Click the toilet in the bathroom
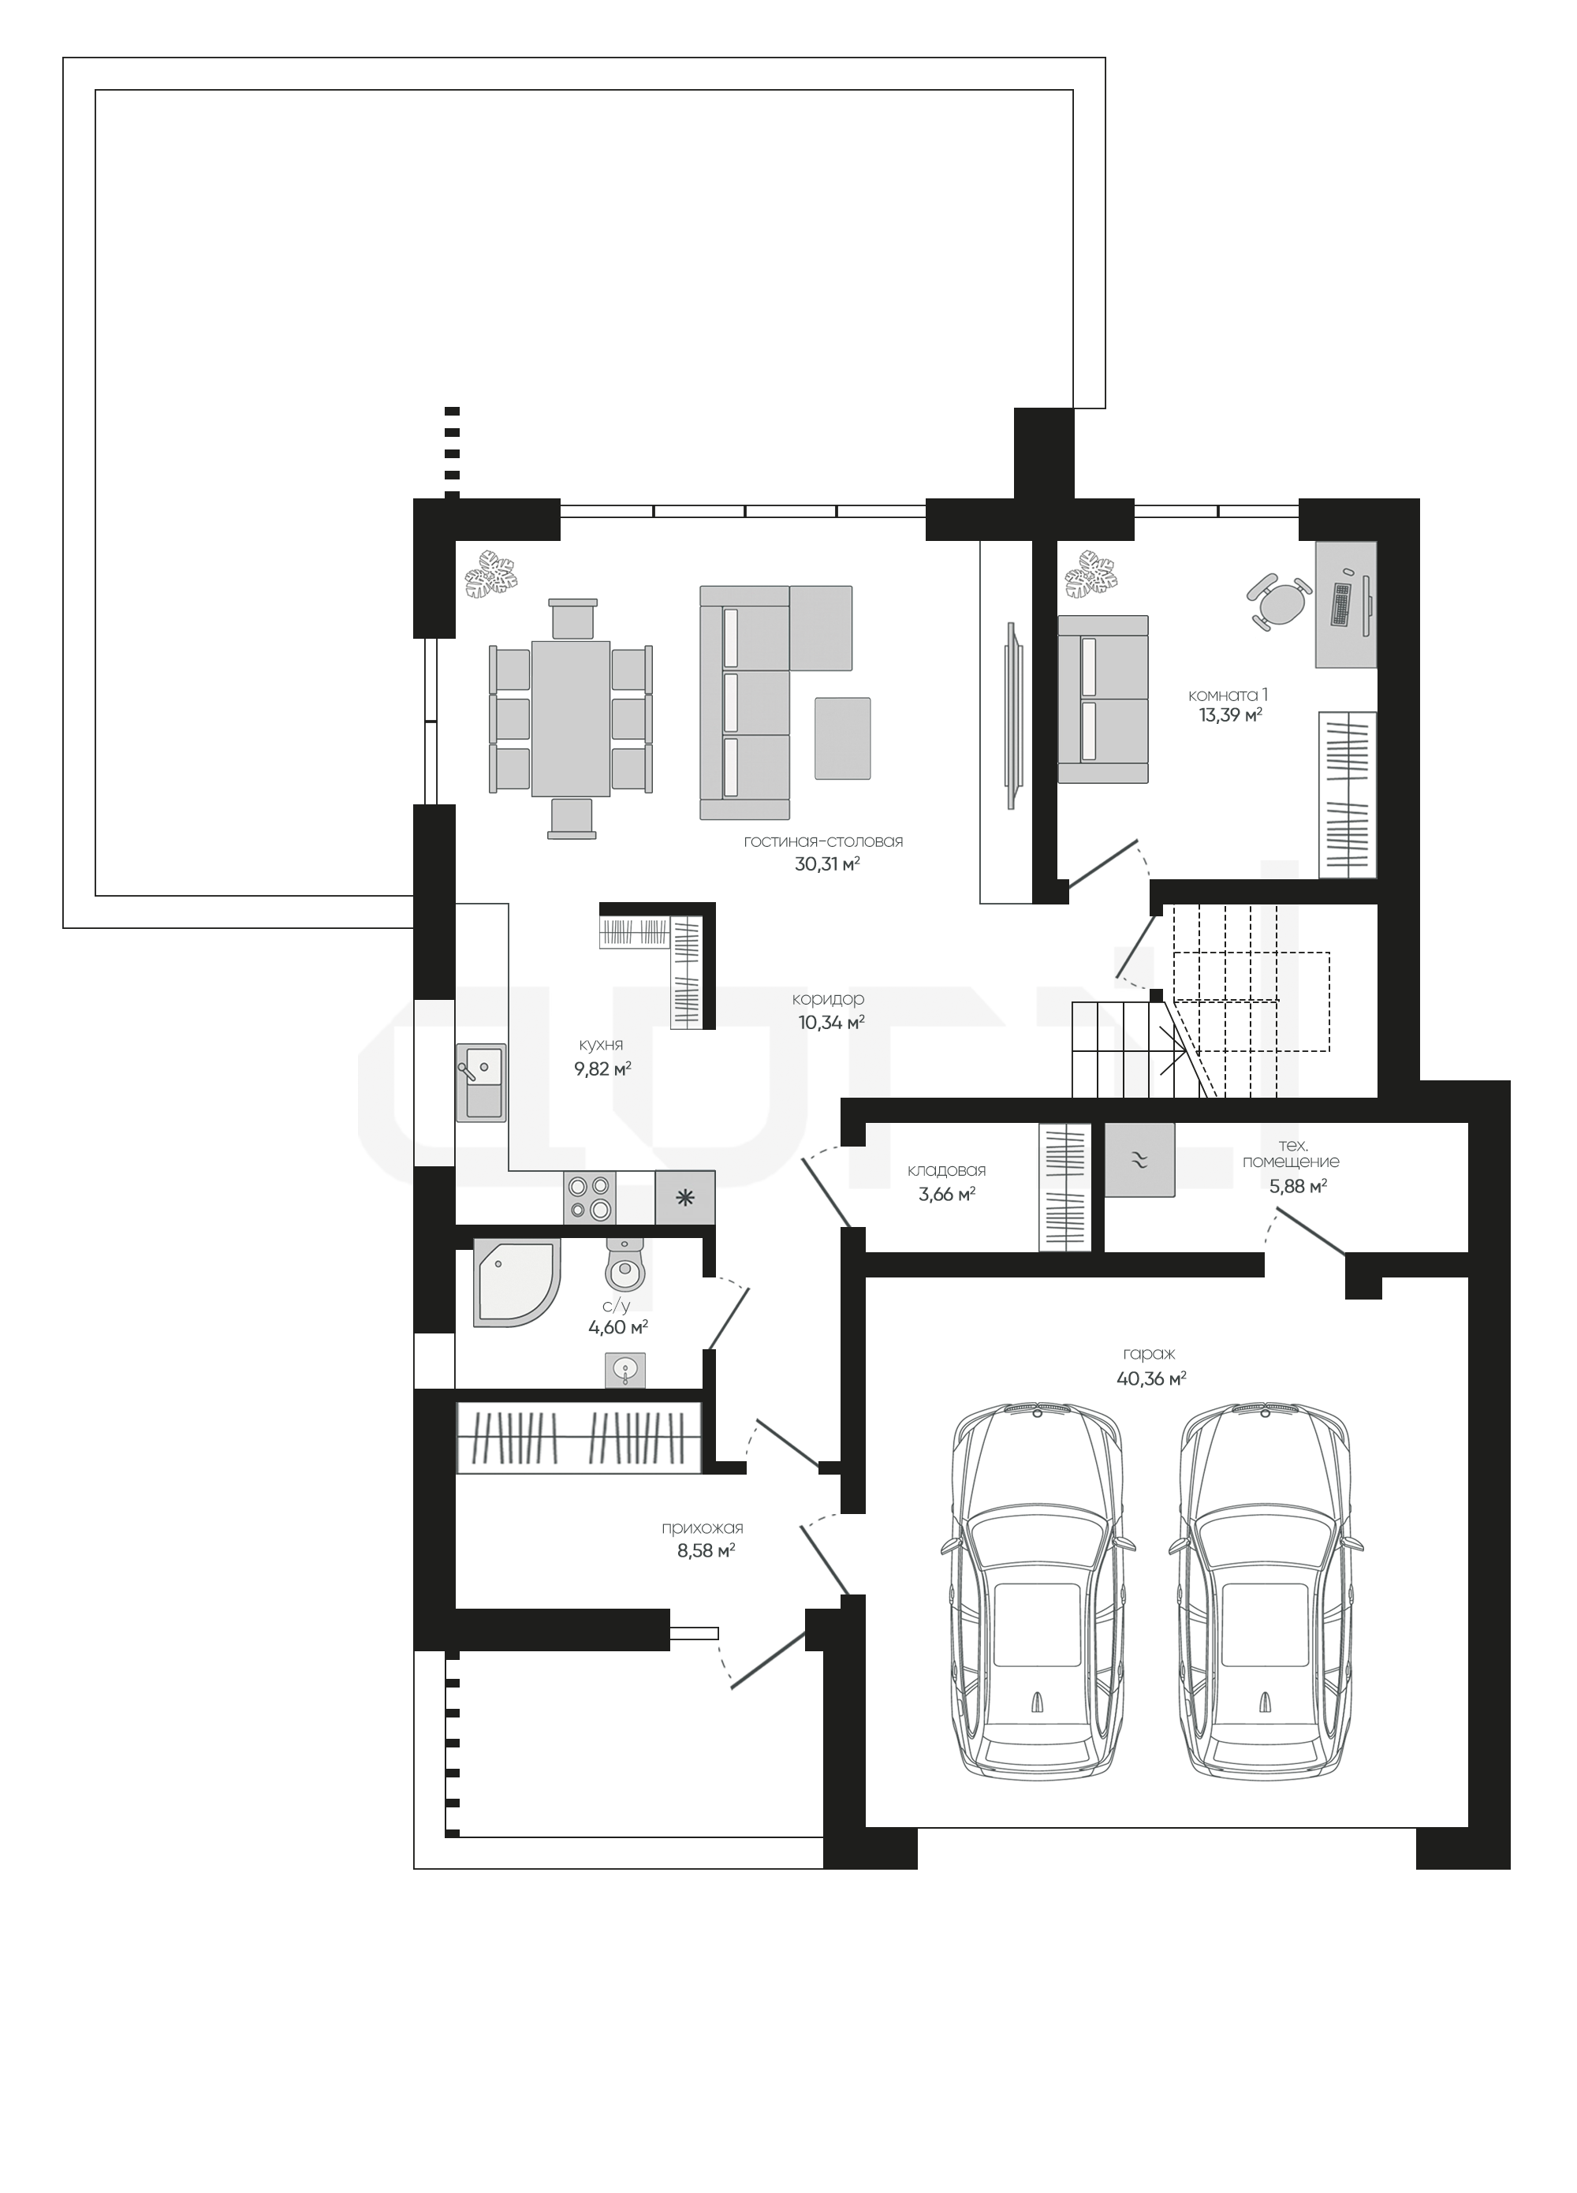pos(624,1264)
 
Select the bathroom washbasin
pos(625,1369)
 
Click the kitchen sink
pos(480,1083)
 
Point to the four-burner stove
pos(590,1197)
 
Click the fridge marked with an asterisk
pos(684,1198)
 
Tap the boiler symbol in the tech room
pos(1140,1159)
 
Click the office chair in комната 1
pos(1279,602)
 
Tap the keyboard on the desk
pos(1342,603)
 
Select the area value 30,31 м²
pos(826,864)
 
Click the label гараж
pos(1149,1354)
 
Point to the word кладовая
pos(945,1171)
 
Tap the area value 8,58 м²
pos(706,1552)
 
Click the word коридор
pos(828,999)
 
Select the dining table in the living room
pos(570,718)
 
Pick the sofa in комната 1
pos(1103,699)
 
